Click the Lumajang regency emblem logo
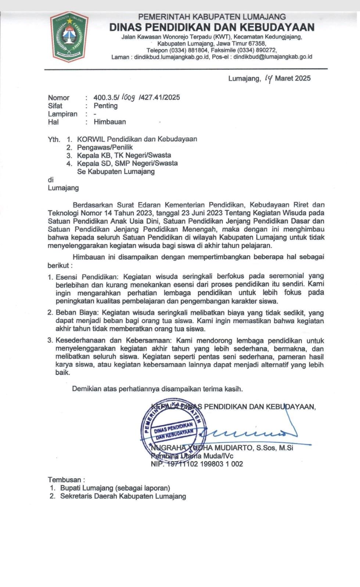69,36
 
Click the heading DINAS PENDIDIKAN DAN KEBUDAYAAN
212,27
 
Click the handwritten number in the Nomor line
128,97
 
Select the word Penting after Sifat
105,106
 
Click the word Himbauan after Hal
109,122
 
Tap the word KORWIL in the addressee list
91,139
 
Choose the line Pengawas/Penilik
105,147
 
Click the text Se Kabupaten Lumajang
116,171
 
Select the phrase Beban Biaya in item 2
77,313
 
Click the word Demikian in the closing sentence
87,389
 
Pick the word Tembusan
65,480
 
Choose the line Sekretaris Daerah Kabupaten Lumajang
123,496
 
